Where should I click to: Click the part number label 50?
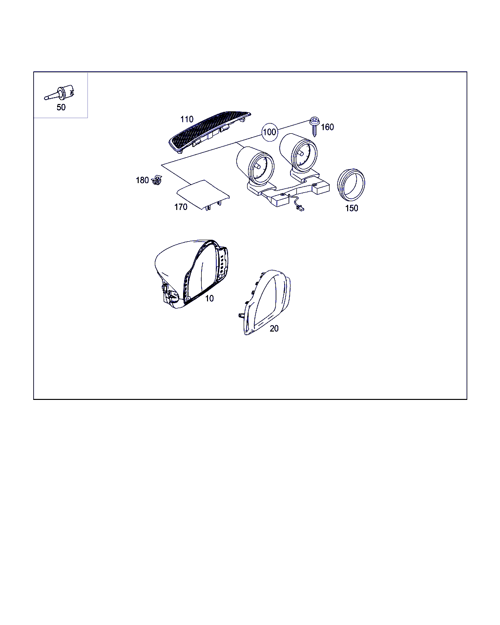(x=61, y=107)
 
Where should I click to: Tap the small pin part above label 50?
(x=59, y=93)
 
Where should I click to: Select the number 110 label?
(x=187, y=119)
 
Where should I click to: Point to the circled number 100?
(x=270, y=132)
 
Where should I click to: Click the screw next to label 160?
(x=314, y=126)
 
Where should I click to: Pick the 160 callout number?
(x=328, y=127)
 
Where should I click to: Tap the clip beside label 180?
(x=157, y=180)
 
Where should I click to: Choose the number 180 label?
(x=143, y=180)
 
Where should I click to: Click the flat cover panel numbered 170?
(x=203, y=194)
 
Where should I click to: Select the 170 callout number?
(x=181, y=207)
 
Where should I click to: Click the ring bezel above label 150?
(x=351, y=185)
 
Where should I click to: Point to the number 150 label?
(x=352, y=208)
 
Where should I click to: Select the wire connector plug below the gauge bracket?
(x=300, y=208)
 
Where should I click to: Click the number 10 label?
(x=209, y=298)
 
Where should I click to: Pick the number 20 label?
(x=274, y=328)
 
